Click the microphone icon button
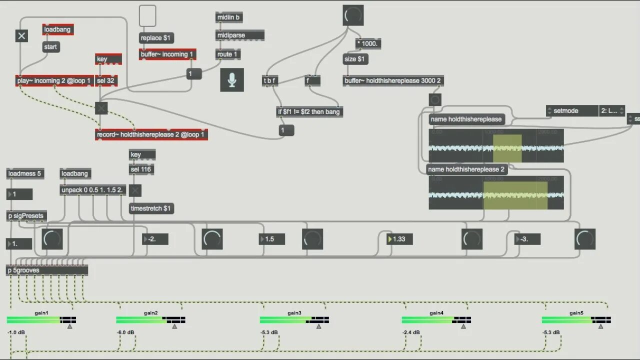pyautogui.click(x=232, y=80)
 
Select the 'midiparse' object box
pyautogui.click(x=240, y=35)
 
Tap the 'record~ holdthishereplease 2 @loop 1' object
pyautogui.click(x=151, y=134)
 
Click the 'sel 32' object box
pyautogui.click(x=106, y=80)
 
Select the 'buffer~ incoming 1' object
pyautogui.click(x=167, y=54)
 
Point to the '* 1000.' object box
pyautogui.click(x=368, y=43)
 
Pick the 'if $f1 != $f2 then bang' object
pyautogui.click(x=309, y=111)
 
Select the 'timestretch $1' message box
pyautogui.click(x=151, y=208)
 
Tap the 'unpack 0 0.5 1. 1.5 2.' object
pyautogui.click(x=93, y=190)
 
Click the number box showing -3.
pyautogui.click(x=527, y=239)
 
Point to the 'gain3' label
pyautogui.click(x=294, y=313)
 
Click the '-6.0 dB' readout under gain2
pyautogui.click(x=125, y=332)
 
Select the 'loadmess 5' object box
pyautogui.click(x=25, y=173)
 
